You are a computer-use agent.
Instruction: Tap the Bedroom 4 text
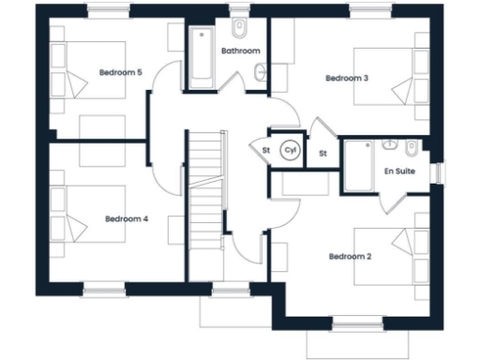pos(126,218)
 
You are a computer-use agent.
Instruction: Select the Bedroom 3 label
pos(345,78)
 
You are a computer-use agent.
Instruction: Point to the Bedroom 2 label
pos(349,256)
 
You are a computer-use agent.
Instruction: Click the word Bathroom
pos(239,50)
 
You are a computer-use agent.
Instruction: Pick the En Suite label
pos(402,172)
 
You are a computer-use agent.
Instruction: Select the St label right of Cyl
pos(322,152)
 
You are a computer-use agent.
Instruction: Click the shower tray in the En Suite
pos(359,167)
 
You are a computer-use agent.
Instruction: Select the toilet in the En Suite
pos(412,148)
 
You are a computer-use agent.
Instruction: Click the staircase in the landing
pos(203,202)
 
